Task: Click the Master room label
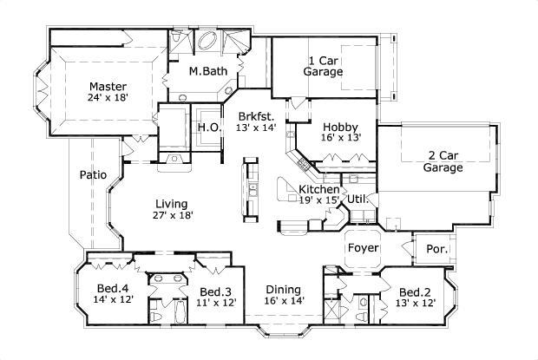click(108, 87)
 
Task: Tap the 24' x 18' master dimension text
click(108, 99)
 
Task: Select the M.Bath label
click(207, 71)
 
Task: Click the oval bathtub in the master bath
click(209, 42)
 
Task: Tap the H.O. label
click(208, 128)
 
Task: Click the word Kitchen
click(319, 189)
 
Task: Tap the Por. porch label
click(436, 249)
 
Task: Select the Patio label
click(93, 174)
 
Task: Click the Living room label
click(171, 203)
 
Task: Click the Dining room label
click(282, 290)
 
